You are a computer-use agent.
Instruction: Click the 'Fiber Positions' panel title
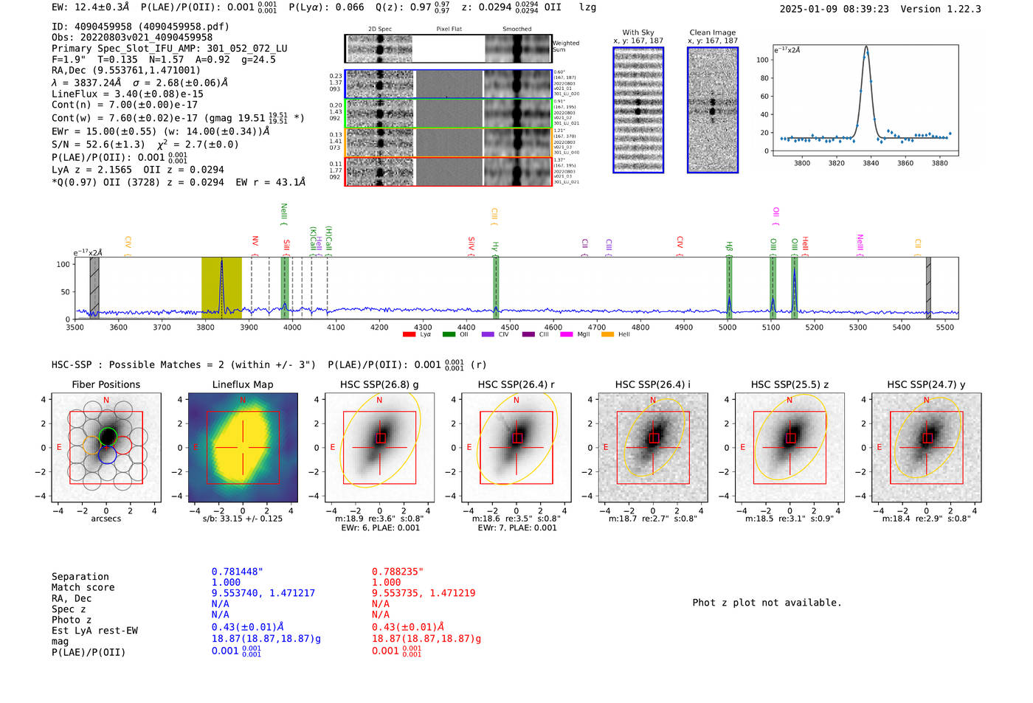(106, 384)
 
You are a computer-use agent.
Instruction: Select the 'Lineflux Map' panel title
(242, 384)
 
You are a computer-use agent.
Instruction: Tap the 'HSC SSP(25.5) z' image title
(790, 384)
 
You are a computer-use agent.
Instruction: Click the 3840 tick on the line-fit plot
(871, 163)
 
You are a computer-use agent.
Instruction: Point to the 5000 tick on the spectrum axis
(728, 328)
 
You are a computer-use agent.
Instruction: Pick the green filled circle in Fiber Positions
(108, 436)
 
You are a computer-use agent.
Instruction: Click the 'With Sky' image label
(638, 32)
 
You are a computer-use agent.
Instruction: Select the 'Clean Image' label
(712, 32)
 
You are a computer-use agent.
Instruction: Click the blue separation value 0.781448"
(237, 572)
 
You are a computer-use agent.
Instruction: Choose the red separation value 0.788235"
(397, 572)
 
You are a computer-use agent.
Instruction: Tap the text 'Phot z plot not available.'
(767, 603)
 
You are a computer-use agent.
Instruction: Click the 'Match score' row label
(83, 588)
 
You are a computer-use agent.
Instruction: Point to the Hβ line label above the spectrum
(729, 246)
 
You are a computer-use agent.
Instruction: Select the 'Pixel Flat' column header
(449, 30)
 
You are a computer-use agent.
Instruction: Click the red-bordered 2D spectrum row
(448, 171)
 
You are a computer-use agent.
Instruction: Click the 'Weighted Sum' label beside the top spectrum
(565, 46)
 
